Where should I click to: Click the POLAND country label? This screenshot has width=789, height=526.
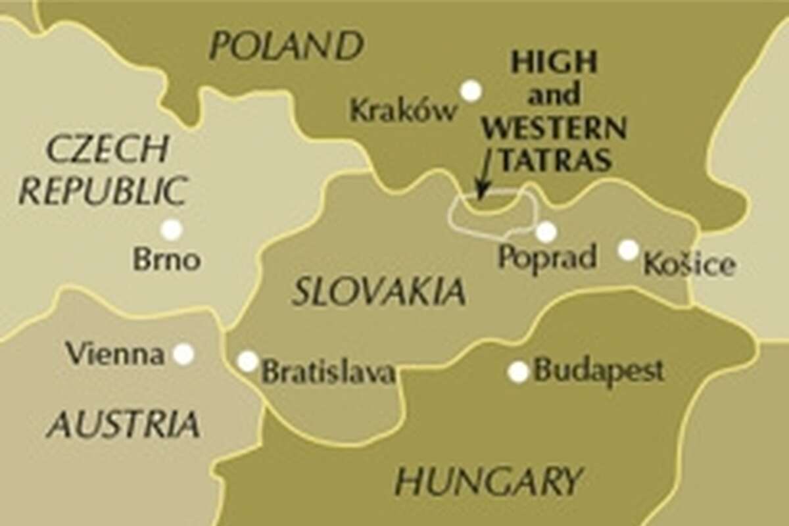point(286,46)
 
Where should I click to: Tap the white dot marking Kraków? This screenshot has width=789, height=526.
point(471,91)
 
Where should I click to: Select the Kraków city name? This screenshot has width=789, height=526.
point(403,110)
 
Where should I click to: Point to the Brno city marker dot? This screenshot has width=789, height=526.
point(172,229)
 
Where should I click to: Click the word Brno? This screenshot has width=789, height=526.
point(166,260)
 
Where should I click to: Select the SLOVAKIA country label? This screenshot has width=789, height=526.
point(379,291)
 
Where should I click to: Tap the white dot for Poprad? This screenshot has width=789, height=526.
point(546,232)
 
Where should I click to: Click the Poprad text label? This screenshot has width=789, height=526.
point(547,258)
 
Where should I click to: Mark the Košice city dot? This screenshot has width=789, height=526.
point(629,249)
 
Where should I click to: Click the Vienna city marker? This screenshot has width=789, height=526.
point(183,354)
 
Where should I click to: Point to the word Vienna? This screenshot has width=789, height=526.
point(115,355)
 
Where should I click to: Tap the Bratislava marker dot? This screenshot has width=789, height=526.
point(248,361)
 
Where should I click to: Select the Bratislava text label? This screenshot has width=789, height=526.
point(328,372)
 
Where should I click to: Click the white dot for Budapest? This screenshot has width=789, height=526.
point(518,371)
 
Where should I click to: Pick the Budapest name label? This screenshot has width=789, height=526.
point(599,371)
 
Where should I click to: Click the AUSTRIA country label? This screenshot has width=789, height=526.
point(123,424)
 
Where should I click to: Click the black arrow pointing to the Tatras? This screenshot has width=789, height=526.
point(485,174)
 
